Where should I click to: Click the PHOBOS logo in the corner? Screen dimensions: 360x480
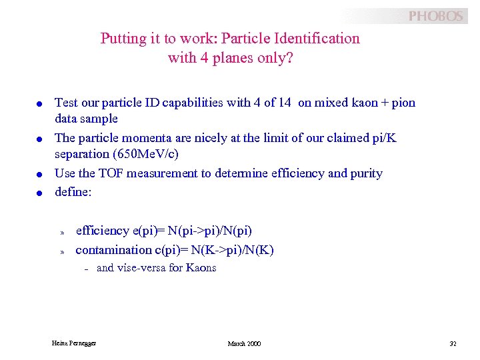[x=435, y=16]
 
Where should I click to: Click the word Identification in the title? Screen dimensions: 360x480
[x=317, y=39]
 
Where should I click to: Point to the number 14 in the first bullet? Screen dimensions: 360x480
[x=285, y=103]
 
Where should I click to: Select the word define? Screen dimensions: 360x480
[x=72, y=191]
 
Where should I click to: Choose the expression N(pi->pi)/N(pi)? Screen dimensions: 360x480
[x=210, y=231]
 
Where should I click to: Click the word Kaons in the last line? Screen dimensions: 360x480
[x=201, y=268]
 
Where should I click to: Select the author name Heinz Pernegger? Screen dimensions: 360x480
[x=74, y=343]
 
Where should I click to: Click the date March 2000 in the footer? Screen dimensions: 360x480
[x=244, y=343]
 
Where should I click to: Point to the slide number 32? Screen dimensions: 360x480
[x=453, y=343]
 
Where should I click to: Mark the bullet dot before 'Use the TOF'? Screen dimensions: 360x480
[x=40, y=175]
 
